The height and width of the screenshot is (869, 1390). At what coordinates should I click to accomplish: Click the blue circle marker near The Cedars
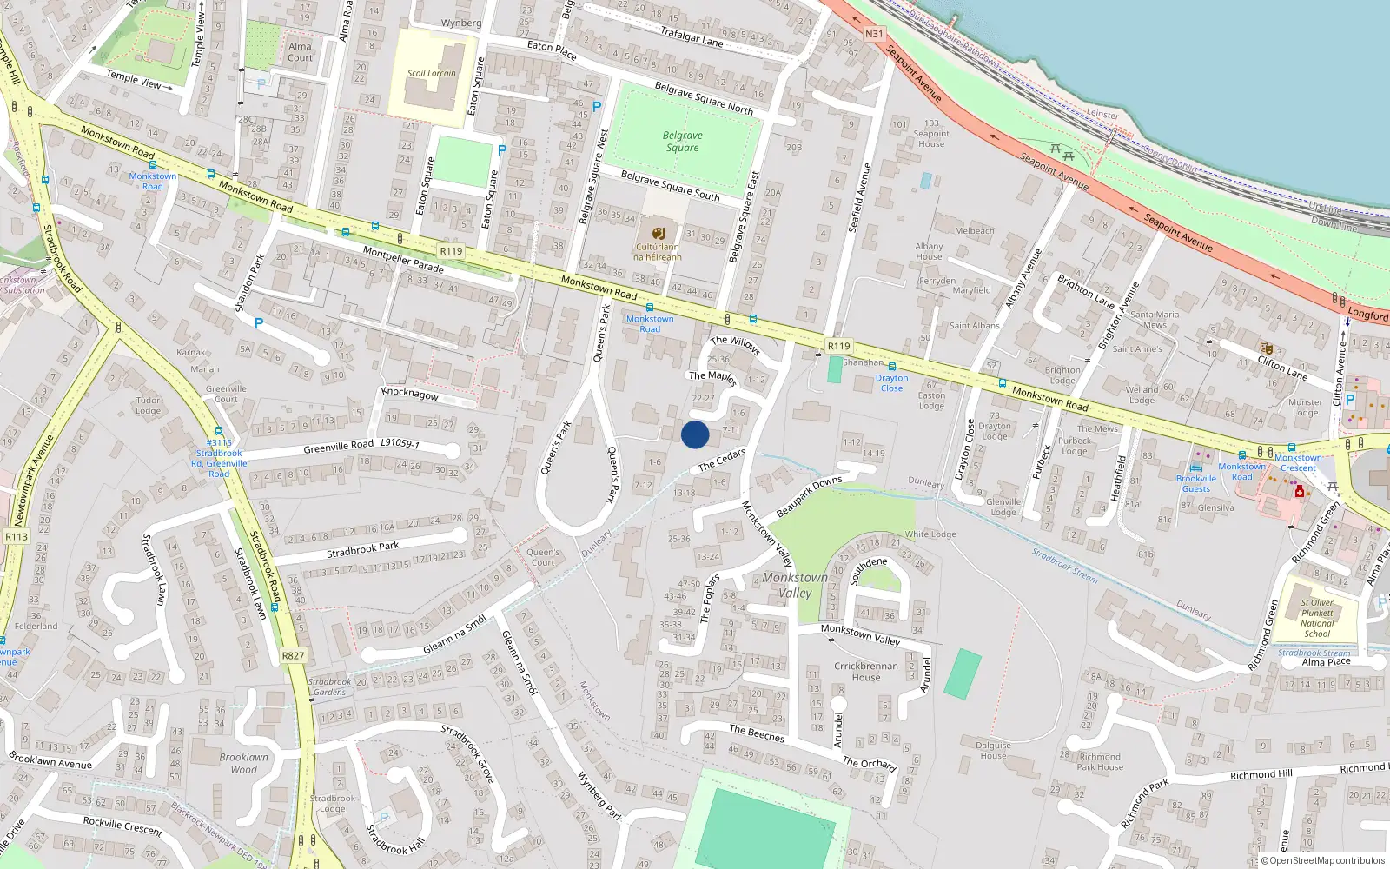695,434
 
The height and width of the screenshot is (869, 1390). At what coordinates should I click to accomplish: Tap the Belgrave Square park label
683,142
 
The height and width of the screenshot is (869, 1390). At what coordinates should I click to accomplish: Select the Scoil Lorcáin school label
431,73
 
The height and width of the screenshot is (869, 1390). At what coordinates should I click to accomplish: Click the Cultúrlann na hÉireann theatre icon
658,233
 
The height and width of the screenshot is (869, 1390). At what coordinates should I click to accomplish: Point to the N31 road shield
874,34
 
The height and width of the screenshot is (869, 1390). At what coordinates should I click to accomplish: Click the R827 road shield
294,655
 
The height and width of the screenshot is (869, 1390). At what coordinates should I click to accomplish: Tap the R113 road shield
17,536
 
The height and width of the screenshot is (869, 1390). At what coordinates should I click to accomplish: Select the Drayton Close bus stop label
891,383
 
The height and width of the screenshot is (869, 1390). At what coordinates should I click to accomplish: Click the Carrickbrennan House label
866,672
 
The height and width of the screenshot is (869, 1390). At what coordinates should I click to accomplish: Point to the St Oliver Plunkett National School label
1317,618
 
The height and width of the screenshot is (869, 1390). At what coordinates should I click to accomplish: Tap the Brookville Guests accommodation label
1196,483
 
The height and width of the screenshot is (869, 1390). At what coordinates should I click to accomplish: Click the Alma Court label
300,52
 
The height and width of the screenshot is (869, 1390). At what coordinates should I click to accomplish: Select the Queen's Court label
543,557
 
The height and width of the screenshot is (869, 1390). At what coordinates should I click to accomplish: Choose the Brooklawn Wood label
243,763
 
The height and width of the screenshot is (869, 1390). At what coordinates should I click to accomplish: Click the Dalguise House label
993,750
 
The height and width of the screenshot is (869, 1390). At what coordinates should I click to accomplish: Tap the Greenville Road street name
338,447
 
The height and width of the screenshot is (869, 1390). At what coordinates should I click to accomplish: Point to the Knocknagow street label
410,394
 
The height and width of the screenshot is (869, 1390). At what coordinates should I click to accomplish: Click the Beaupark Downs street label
809,497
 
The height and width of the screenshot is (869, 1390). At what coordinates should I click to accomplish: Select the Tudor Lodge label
148,406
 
